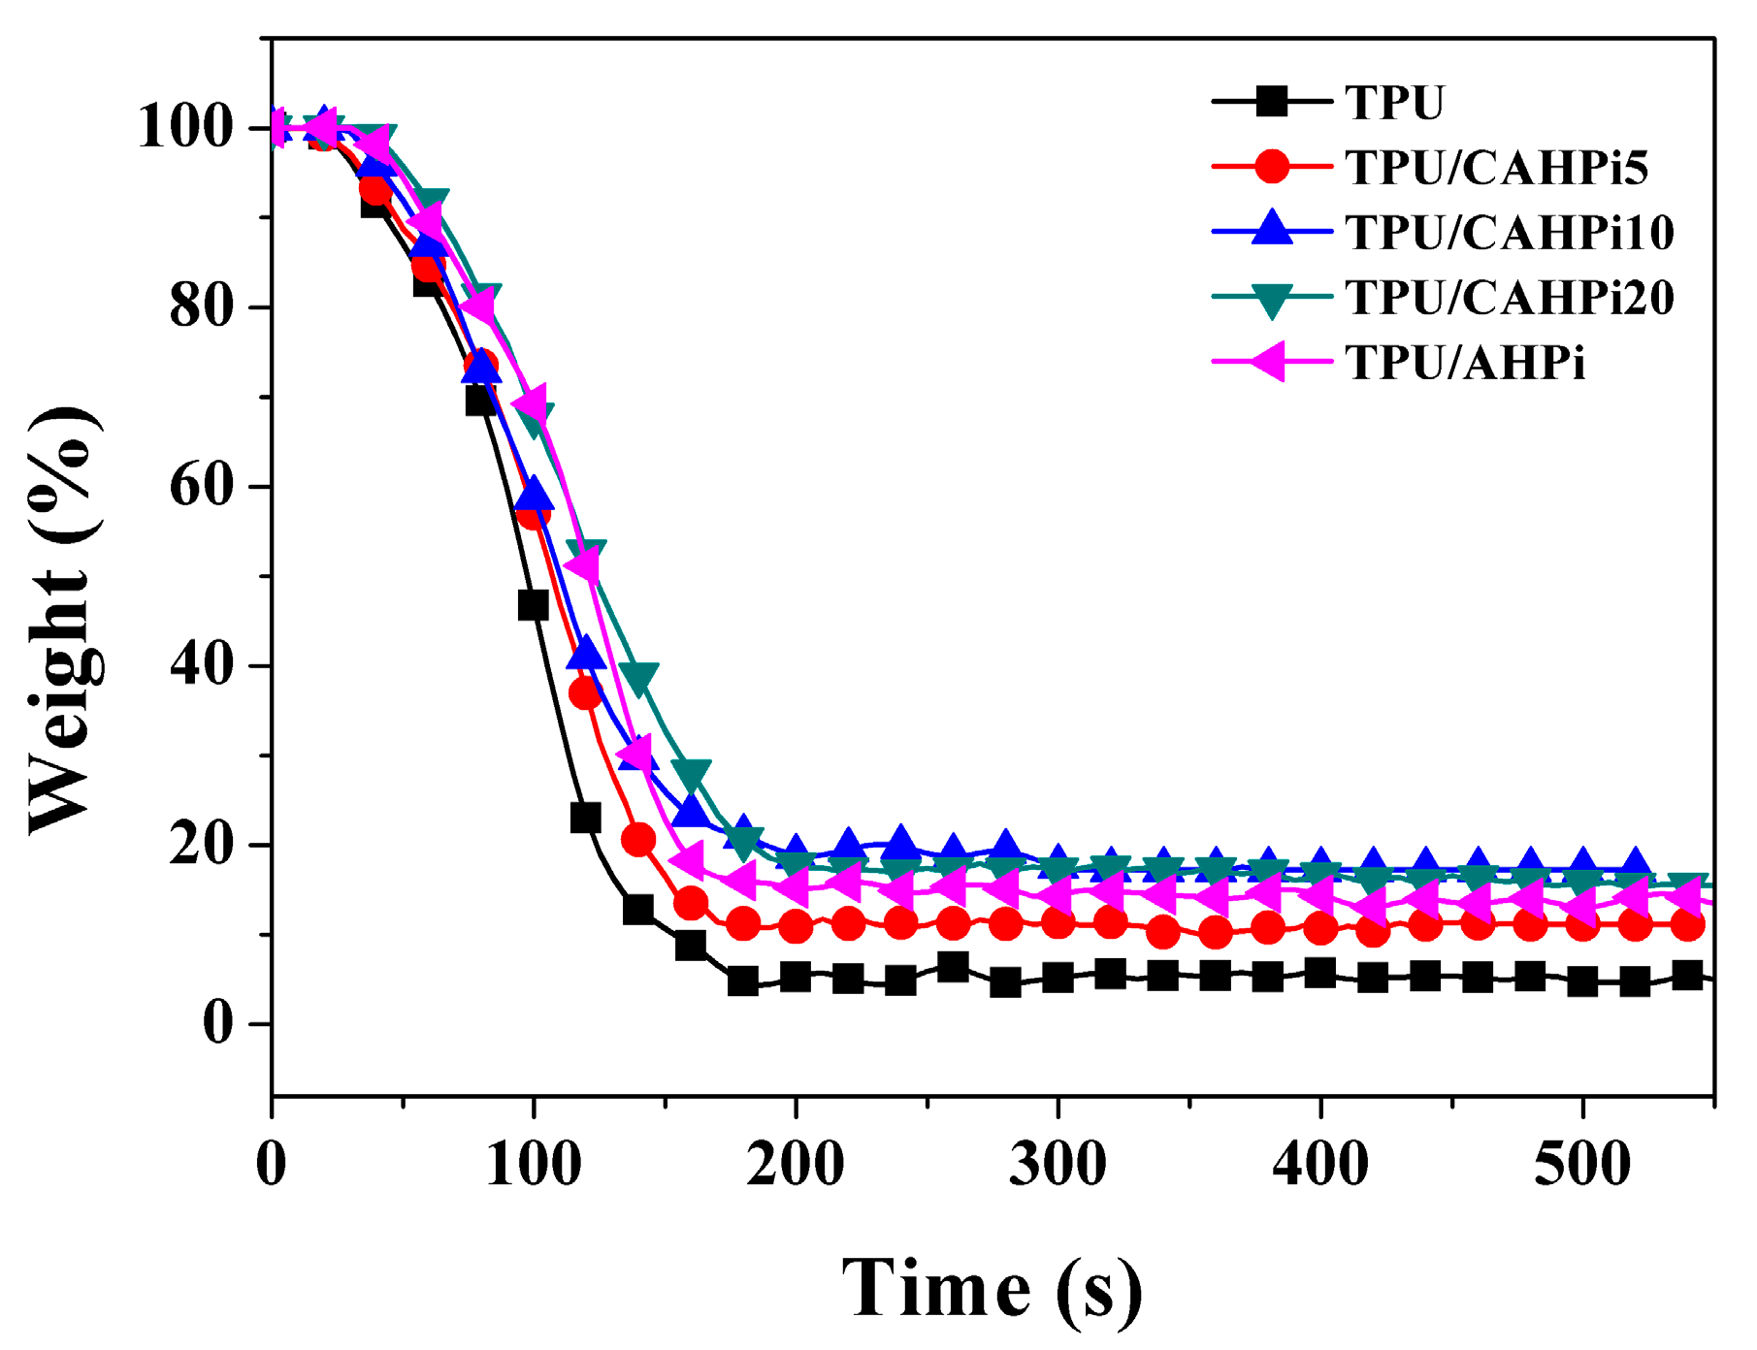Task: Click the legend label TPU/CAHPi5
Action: click(1496, 168)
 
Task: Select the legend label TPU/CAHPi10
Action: click(1510, 233)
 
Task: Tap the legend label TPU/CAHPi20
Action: click(1510, 298)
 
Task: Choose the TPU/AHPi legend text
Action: click(1465, 363)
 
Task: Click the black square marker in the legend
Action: click(1271, 101)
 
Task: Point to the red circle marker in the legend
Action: click(1271, 167)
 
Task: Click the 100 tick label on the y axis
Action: click(185, 128)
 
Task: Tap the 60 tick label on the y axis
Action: click(202, 486)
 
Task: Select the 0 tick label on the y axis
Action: click(218, 1024)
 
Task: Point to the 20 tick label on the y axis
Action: click(202, 845)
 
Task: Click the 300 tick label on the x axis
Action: click(1057, 1164)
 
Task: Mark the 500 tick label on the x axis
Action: click(1582, 1164)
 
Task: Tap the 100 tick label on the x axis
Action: click(533, 1164)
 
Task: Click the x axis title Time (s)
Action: click(992, 1289)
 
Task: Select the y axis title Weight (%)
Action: click(64, 621)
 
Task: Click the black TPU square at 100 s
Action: click(533, 606)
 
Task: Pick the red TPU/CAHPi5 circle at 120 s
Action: click(585, 693)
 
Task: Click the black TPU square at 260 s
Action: click(953, 967)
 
